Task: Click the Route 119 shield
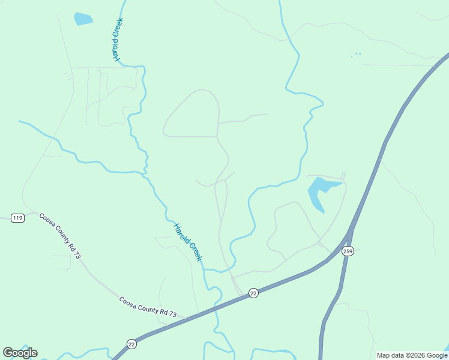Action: (x=17, y=218)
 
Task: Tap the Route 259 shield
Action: (x=348, y=251)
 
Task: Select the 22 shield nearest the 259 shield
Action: (x=253, y=293)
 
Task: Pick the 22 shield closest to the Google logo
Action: (x=131, y=343)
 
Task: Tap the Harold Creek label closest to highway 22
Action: (x=188, y=242)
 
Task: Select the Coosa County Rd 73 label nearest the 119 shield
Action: (x=60, y=236)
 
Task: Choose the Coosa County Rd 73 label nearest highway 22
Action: (x=148, y=306)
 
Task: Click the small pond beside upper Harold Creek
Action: (x=83, y=19)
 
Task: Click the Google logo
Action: (x=20, y=353)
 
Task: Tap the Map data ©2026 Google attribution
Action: (x=412, y=355)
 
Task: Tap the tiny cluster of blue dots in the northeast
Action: (x=357, y=55)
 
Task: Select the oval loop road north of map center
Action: (x=192, y=114)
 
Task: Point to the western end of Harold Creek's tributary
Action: (x=20, y=121)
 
